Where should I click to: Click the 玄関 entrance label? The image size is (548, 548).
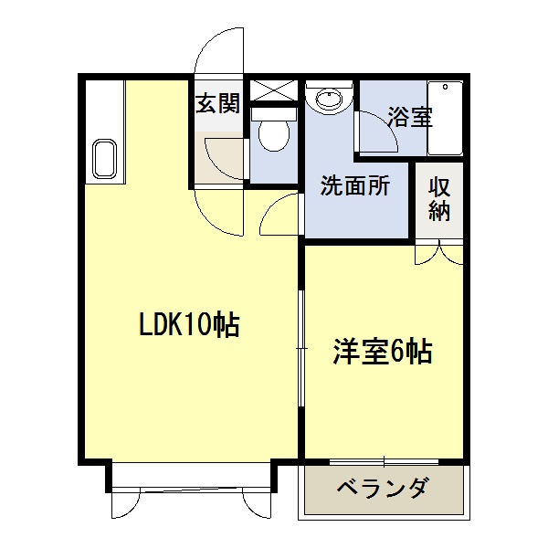[x=218, y=104]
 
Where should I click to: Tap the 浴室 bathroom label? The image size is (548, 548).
[x=409, y=117]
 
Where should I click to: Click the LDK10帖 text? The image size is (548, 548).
[x=189, y=324]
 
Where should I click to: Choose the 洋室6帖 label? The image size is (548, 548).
[x=382, y=352]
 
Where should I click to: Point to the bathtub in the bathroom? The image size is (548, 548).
[x=445, y=119]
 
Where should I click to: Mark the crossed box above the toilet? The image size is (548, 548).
[x=274, y=90]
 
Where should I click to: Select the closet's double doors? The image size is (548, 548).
[x=439, y=253]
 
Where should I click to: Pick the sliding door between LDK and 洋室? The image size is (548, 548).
[x=301, y=347]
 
